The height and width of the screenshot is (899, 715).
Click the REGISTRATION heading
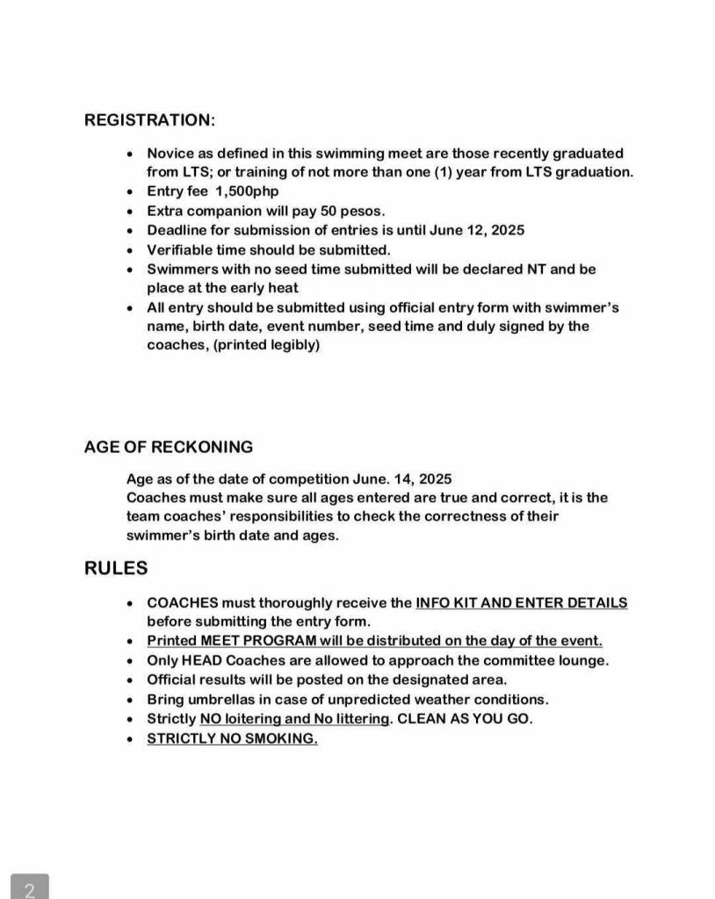(149, 119)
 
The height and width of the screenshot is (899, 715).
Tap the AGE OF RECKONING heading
(168, 447)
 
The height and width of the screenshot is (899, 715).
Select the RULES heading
(116, 568)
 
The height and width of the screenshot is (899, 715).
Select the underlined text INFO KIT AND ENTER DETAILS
(521, 603)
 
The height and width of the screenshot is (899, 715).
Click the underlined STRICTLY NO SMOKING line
(232, 738)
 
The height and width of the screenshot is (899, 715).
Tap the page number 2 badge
(30, 889)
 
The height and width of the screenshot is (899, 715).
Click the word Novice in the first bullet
(171, 153)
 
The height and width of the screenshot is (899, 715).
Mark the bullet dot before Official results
(130, 680)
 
